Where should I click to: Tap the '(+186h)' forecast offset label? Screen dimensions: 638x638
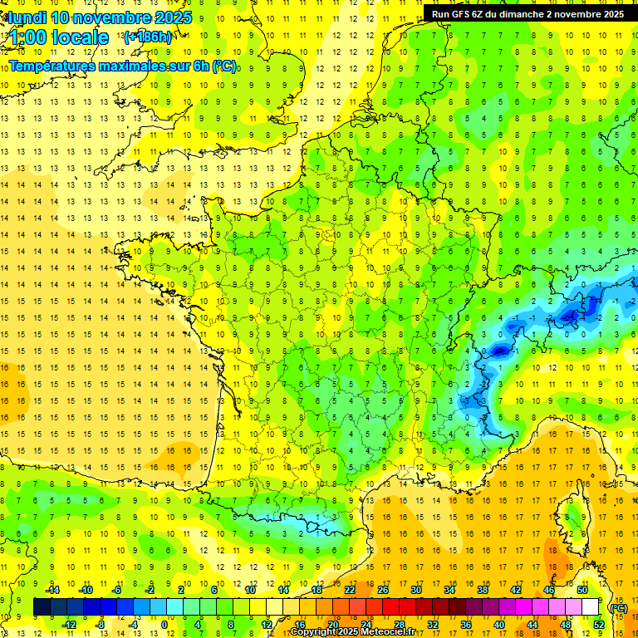pyautogui.click(x=148, y=37)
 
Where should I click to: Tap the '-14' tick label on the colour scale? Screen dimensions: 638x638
pyautogui.click(x=53, y=589)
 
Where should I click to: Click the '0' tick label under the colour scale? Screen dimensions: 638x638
pyautogui.click(x=164, y=625)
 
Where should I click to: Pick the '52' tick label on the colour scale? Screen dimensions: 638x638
pyautogui.click(x=599, y=625)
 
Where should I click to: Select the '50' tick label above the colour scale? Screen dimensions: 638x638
pyautogui.click(x=582, y=589)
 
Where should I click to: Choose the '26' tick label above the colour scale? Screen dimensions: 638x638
pyautogui.click(x=383, y=589)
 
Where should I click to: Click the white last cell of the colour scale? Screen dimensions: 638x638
pyautogui.click(x=591, y=606)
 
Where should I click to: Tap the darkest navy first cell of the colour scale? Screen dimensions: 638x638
pyautogui.click(x=42, y=606)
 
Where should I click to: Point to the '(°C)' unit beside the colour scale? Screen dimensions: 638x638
pyautogui.click(x=617, y=607)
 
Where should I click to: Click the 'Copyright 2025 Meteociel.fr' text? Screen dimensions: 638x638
pyautogui.click(x=352, y=632)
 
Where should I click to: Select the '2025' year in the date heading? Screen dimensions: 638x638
pyautogui.click(x=172, y=17)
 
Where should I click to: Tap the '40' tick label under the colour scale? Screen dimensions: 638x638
pyautogui.click(x=499, y=625)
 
